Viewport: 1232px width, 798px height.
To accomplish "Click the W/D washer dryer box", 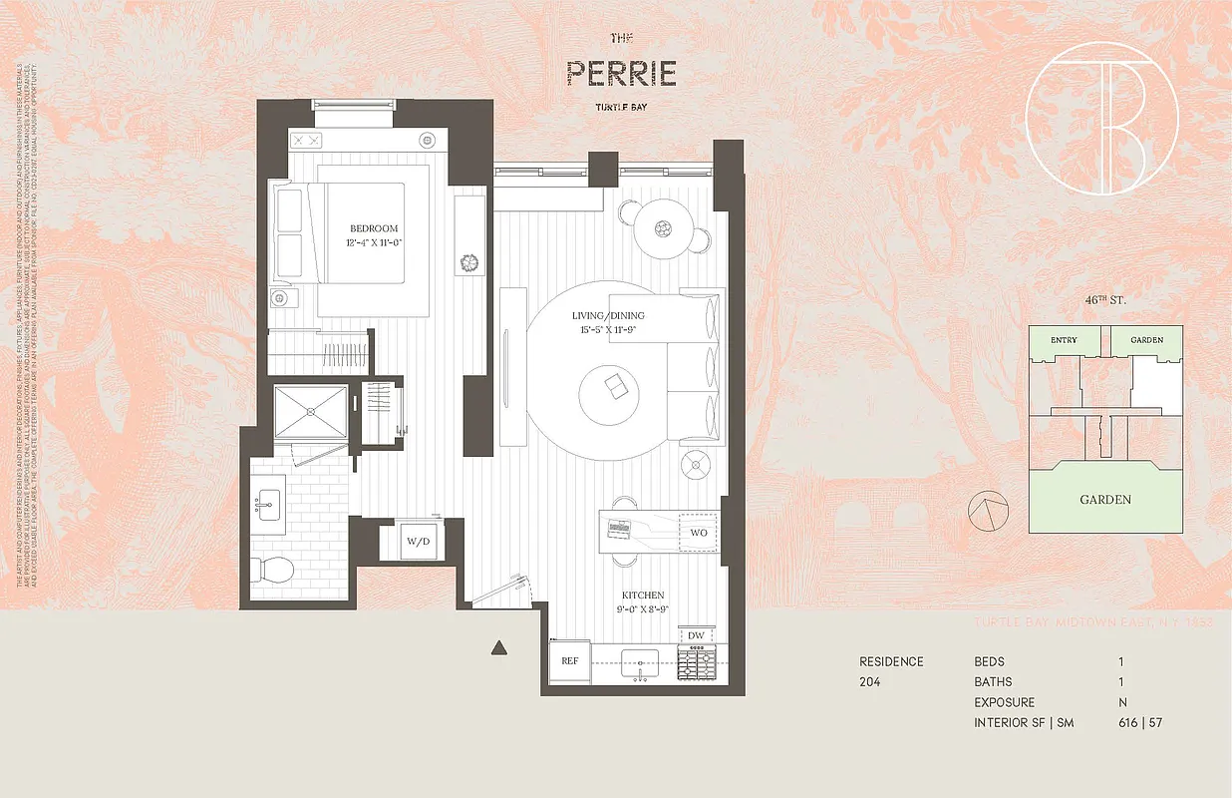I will (417, 543).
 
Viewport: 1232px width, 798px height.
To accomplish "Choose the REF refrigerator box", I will (570, 660).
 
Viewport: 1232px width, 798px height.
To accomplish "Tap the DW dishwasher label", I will (697, 636).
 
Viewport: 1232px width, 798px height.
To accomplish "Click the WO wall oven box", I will (698, 533).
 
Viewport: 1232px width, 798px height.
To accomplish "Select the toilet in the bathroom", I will (270, 572).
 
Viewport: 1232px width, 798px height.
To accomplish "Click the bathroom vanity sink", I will (268, 505).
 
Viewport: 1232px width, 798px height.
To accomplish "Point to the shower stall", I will (310, 411).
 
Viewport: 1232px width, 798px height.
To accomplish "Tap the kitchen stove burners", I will (696, 662).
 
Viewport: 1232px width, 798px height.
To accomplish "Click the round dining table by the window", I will (662, 228).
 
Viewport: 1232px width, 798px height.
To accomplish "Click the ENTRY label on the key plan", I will (1064, 340).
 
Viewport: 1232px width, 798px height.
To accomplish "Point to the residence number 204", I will (871, 682).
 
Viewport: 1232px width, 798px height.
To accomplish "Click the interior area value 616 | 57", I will (1140, 722).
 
